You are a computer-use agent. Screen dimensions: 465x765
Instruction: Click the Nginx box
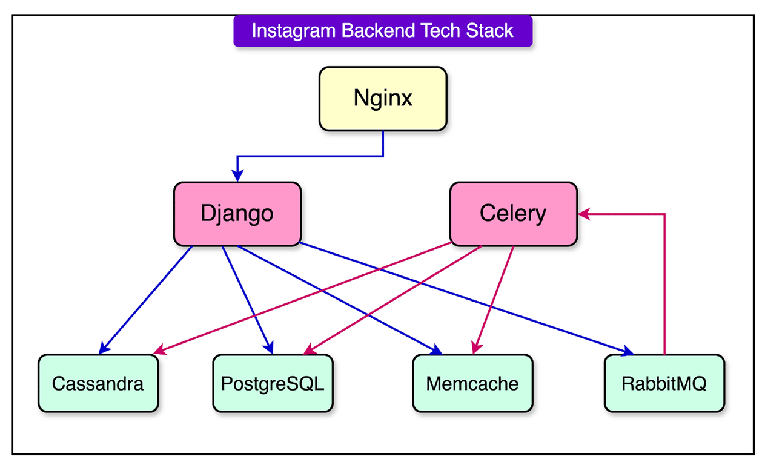383,98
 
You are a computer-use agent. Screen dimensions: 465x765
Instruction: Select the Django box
237,214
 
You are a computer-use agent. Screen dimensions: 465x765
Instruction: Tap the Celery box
512,214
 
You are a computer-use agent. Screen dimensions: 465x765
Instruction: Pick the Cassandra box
98,383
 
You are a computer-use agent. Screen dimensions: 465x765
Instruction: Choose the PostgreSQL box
273,383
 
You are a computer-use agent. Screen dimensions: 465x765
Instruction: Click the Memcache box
472,383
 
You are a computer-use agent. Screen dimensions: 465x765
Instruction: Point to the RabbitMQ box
664,383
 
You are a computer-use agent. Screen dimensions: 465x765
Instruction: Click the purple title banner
383,31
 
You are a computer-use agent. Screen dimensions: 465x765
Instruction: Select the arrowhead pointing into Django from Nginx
237,176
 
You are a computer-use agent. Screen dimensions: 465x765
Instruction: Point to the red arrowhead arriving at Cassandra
159,351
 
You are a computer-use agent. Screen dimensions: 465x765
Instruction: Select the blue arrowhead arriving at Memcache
436,350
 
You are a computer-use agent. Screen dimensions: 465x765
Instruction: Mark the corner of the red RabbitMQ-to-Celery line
664,214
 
